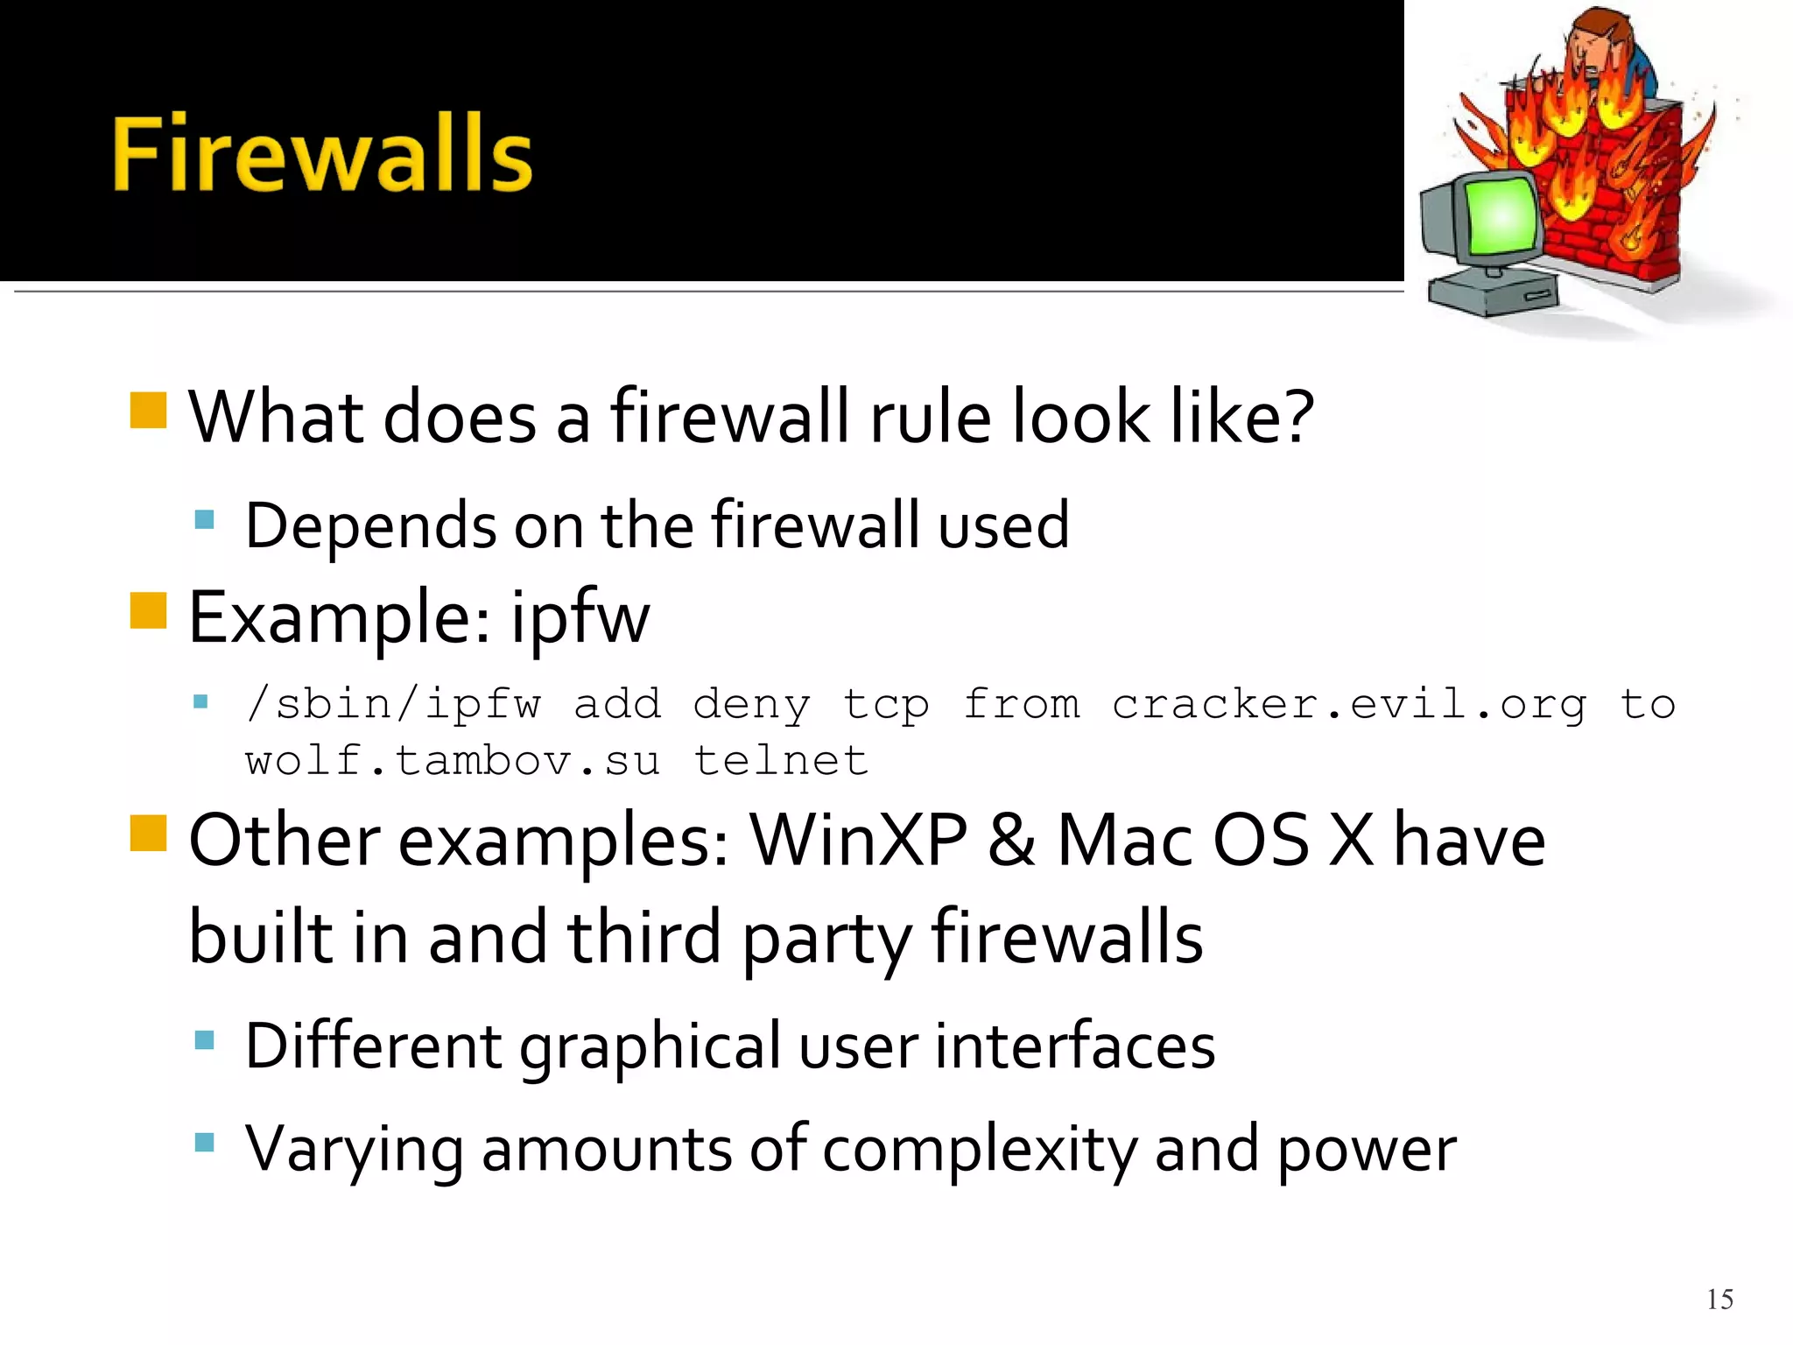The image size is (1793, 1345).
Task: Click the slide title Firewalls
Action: (x=322, y=154)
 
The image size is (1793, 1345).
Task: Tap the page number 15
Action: (x=1719, y=1299)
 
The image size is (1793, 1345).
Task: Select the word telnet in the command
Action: (x=781, y=760)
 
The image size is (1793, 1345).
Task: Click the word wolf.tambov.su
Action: (x=452, y=760)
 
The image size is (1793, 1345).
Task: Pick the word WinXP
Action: (x=858, y=841)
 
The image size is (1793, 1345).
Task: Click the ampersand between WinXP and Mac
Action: (x=1012, y=841)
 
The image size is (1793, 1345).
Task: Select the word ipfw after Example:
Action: (x=580, y=618)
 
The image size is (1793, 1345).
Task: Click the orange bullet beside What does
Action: (x=148, y=410)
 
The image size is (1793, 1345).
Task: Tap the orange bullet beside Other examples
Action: (x=148, y=833)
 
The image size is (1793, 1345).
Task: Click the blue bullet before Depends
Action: (x=205, y=520)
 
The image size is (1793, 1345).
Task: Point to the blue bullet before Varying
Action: (x=205, y=1142)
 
